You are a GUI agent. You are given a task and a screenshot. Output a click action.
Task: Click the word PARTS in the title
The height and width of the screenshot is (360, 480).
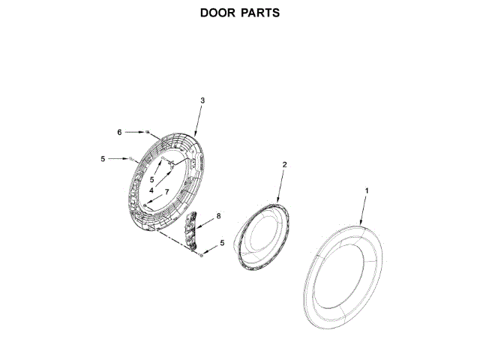261,13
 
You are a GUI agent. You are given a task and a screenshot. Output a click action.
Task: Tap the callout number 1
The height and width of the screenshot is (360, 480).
367,192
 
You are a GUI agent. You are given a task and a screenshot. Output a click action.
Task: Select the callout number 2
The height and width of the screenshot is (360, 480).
284,164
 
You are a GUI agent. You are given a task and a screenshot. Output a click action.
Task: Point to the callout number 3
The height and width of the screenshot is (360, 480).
202,100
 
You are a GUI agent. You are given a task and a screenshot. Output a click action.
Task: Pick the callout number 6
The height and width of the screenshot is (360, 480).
118,132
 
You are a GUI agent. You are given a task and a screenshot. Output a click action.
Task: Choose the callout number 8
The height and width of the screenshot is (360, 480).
218,216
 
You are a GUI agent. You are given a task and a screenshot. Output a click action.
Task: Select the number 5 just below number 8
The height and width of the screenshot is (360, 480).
221,244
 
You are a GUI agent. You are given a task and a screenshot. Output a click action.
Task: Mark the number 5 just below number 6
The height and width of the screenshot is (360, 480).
102,158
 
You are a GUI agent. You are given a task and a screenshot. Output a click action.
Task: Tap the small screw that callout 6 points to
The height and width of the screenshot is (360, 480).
148,132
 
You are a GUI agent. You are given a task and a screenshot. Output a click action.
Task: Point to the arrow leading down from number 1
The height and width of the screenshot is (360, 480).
364,211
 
